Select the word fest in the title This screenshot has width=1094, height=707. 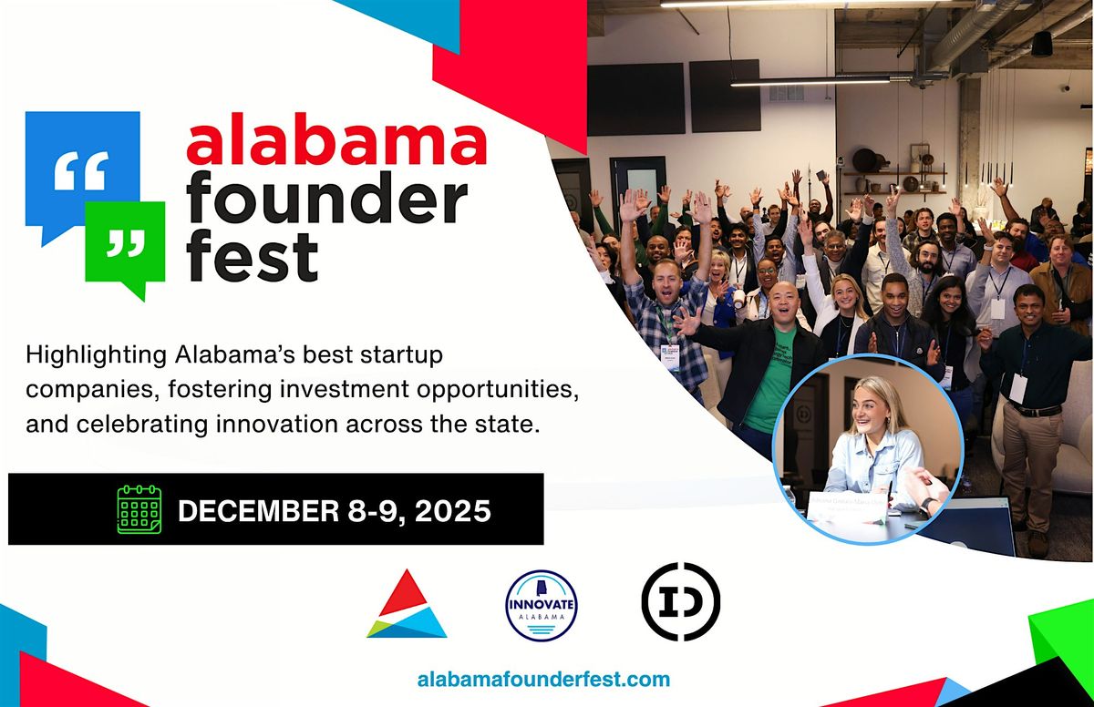(x=253, y=257)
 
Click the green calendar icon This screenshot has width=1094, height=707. (x=139, y=508)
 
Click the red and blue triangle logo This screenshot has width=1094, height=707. (x=407, y=607)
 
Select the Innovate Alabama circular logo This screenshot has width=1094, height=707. (x=542, y=606)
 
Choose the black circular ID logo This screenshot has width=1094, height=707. (x=680, y=601)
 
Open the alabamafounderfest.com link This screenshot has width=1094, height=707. (x=542, y=679)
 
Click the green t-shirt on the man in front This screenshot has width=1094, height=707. (x=770, y=383)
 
